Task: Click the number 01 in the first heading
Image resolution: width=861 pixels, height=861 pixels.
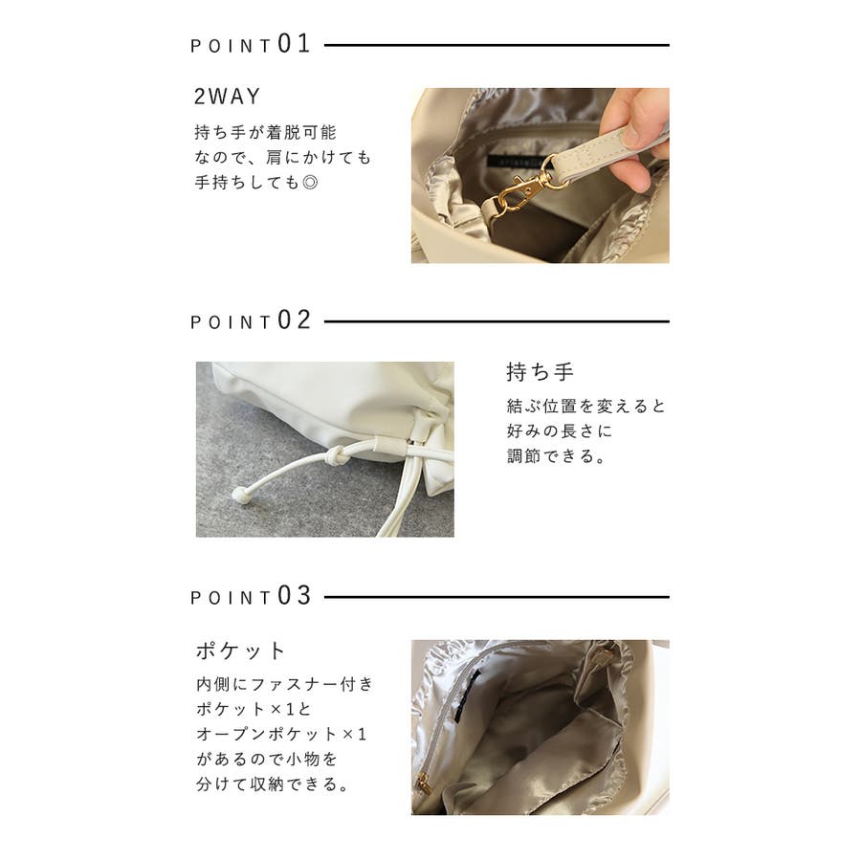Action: pyautogui.click(x=295, y=43)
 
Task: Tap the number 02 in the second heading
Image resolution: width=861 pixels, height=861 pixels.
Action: pyautogui.click(x=295, y=320)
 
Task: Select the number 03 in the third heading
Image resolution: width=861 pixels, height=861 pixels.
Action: pyautogui.click(x=295, y=595)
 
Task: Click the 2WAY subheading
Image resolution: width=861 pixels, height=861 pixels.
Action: pyautogui.click(x=227, y=97)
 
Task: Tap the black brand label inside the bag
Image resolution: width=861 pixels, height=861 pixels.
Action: pyautogui.click(x=515, y=163)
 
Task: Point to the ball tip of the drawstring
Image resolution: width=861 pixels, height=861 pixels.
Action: pyautogui.click(x=239, y=495)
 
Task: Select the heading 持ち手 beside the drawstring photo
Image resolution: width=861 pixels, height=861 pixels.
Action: pyautogui.click(x=541, y=372)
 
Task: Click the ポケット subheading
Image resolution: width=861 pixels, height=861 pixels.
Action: pyautogui.click(x=240, y=651)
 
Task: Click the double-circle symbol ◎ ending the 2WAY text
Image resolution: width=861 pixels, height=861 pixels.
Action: pyautogui.click(x=310, y=183)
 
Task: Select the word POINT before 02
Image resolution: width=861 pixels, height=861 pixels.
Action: pyautogui.click(x=232, y=322)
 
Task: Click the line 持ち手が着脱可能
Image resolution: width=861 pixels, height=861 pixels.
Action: pyautogui.click(x=265, y=132)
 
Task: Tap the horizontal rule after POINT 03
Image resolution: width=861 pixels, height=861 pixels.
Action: pyautogui.click(x=497, y=597)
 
